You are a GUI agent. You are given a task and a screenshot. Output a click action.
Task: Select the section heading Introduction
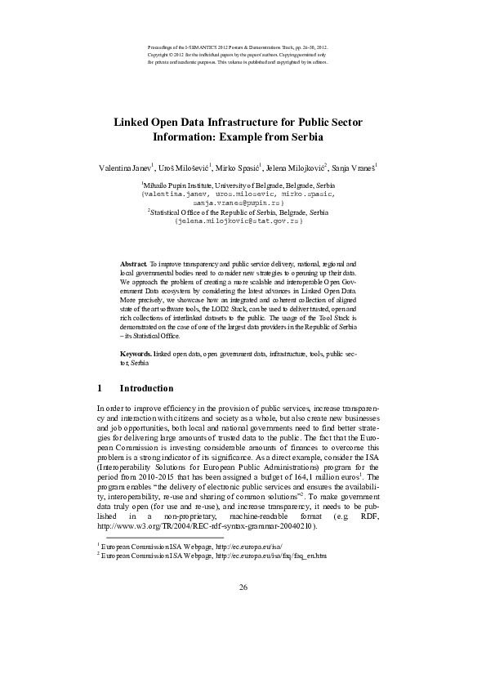[146, 388]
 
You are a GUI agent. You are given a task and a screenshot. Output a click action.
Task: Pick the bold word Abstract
[132, 266]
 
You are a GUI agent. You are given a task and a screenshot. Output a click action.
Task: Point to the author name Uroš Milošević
[184, 168]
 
